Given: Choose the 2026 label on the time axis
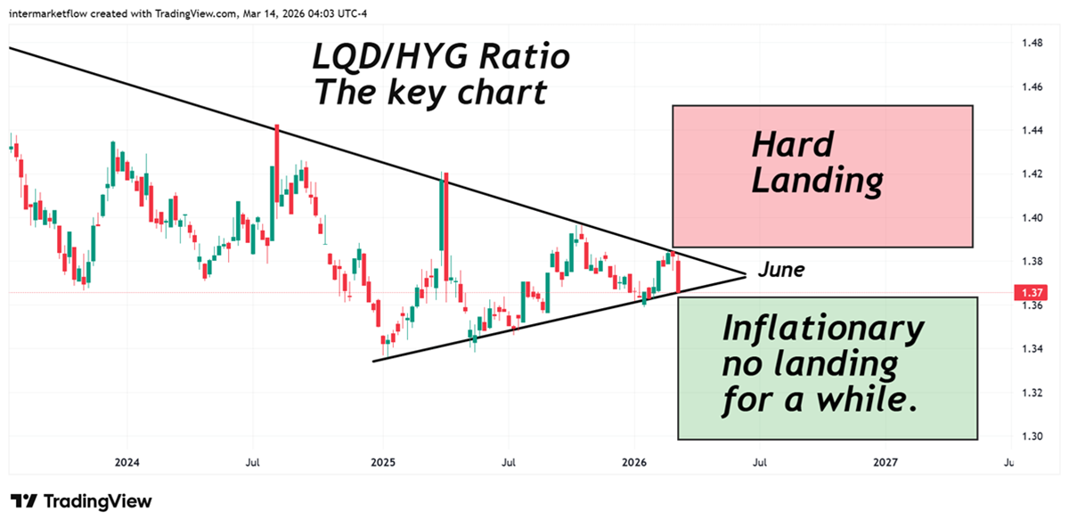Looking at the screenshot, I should [633, 462].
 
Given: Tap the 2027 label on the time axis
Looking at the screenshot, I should [885, 462].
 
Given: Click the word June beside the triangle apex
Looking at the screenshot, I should [781, 270].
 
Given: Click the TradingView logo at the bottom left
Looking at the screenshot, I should [81, 501].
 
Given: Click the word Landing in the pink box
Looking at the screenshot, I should [818, 181].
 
